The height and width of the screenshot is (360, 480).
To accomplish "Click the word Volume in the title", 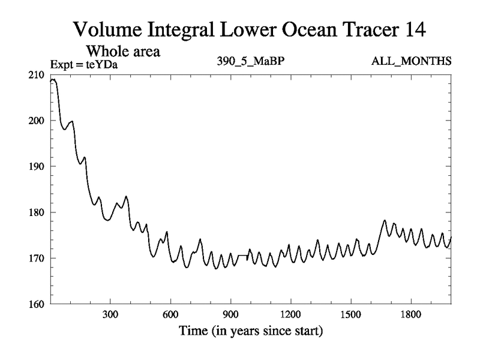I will (109, 28).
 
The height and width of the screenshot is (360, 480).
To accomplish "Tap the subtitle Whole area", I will (127, 52).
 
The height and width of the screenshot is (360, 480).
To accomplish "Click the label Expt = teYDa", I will (83, 62).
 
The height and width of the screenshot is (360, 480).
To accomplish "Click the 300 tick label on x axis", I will (110, 314).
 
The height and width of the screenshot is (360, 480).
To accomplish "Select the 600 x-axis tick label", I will (170, 314).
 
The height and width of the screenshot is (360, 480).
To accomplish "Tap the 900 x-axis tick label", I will (230, 314).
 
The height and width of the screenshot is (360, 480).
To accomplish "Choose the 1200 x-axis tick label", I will (290, 314).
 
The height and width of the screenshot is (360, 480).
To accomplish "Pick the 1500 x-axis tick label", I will (350, 314).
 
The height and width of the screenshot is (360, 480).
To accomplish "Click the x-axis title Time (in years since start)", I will (250, 330).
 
